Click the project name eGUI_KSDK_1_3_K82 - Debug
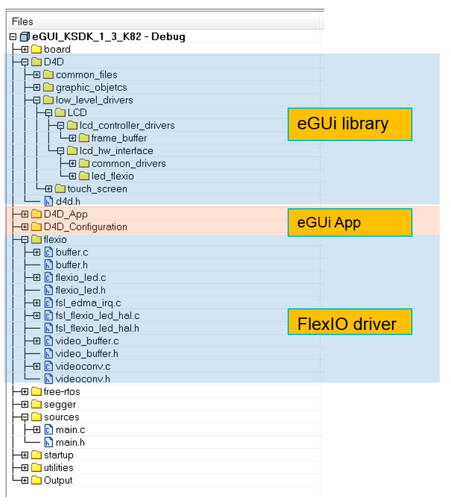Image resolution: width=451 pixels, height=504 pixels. click(108, 37)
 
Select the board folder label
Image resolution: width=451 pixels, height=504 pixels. click(57, 49)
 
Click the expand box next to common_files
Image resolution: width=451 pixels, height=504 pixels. click(37, 75)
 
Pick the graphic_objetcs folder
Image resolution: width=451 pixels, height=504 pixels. click(91, 88)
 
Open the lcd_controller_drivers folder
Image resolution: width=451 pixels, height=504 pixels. click(127, 126)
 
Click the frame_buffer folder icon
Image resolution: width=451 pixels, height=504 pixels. click(84, 138)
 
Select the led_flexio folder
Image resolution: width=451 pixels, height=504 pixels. click(112, 176)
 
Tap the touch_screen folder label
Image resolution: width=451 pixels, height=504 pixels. click(97, 189)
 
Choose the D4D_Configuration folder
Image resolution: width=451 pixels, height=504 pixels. click(85, 227)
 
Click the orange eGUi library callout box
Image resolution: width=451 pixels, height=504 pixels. click(349, 124)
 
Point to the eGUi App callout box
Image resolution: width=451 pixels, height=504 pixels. click(349, 222)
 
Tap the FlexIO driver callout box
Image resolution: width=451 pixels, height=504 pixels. click(349, 324)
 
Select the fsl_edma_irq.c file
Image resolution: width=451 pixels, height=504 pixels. click(88, 303)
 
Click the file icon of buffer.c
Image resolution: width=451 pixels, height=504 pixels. click(48, 252)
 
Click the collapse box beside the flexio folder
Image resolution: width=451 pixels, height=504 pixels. click(24, 239)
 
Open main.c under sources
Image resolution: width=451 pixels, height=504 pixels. click(70, 429)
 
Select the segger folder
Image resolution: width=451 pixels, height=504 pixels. click(60, 405)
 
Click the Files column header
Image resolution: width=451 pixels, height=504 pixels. click(22, 22)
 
